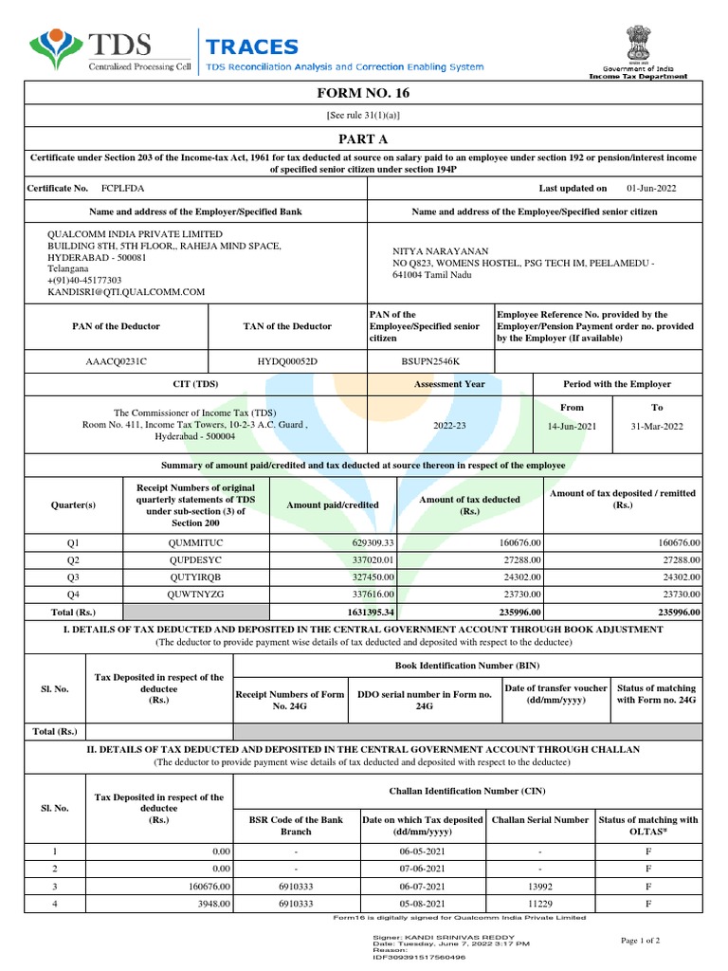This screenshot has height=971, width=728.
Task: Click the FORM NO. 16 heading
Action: click(x=363, y=93)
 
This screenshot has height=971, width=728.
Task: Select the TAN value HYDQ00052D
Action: click(x=287, y=361)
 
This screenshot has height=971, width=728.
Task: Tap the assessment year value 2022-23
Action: click(x=449, y=427)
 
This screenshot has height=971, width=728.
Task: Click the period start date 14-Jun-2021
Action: click(x=573, y=427)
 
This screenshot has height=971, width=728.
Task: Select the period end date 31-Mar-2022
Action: click(x=656, y=427)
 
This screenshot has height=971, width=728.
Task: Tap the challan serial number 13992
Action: click(x=539, y=887)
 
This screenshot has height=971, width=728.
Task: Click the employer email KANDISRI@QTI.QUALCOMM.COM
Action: click(x=127, y=293)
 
